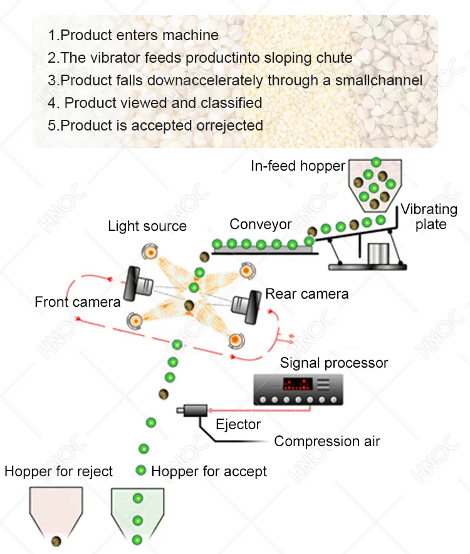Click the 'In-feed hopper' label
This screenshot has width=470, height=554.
pyautogui.click(x=298, y=166)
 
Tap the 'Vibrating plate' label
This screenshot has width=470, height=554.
pyautogui.click(x=429, y=216)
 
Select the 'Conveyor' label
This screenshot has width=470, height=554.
pyautogui.click(x=261, y=225)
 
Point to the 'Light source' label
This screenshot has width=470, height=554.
pyautogui.click(x=147, y=226)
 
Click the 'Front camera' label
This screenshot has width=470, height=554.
pyautogui.click(x=78, y=302)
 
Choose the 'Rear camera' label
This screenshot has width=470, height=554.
pyautogui.click(x=306, y=294)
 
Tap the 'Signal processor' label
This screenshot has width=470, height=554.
pyautogui.click(x=334, y=363)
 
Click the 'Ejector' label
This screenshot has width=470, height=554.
pyautogui.click(x=238, y=424)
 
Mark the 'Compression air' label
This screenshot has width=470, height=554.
pyautogui.click(x=327, y=441)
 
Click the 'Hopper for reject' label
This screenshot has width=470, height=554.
pyautogui.click(x=58, y=471)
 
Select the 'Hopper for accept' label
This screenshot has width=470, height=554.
pyautogui.click(x=209, y=471)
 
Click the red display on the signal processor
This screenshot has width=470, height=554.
pyautogui.click(x=298, y=384)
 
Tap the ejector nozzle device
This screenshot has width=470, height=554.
pyautogui.click(x=192, y=410)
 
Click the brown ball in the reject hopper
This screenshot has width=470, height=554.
pyautogui.click(x=56, y=541)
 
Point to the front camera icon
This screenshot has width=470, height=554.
pyautogui.click(x=138, y=284)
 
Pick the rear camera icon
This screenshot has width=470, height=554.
pyautogui.click(x=246, y=307)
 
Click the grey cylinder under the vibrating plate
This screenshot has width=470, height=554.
pyautogui.click(x=379, y=253)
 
